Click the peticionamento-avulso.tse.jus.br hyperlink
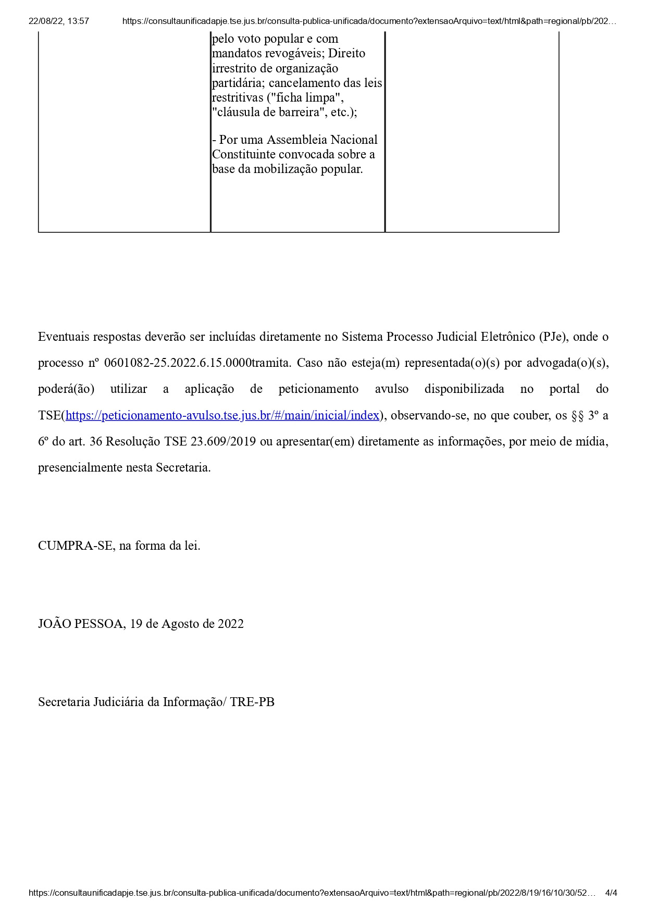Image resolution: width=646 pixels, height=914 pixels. pos(222,415)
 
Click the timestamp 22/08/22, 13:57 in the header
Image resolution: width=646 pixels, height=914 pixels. pos(59,21)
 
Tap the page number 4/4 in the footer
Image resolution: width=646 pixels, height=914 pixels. pos(611,893)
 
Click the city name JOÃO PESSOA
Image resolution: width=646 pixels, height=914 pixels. pos(81,624)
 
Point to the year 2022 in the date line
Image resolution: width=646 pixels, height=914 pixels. pos(231,624)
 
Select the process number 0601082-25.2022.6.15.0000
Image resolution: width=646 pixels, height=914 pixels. pos(178,363)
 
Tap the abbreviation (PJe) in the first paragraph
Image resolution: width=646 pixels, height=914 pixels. pos(554,337)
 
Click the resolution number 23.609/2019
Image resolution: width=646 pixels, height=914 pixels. pos(223,441)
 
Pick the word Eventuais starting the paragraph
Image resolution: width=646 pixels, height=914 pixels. pos(64,337)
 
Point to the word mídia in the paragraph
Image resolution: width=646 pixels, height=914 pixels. pos(591,441)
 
